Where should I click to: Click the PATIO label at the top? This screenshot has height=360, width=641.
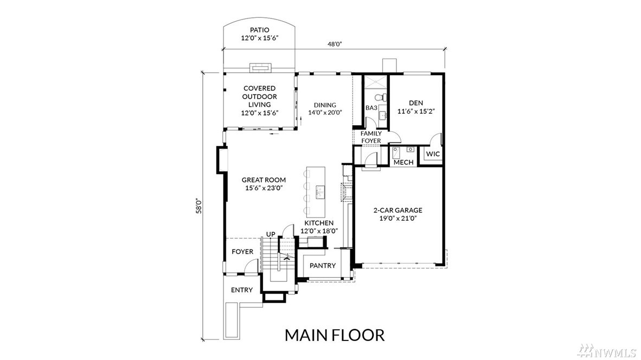[x=260, y=30]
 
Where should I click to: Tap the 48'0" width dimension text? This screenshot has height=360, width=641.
[x=335, y=44]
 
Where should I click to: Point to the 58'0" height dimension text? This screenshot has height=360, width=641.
[x=199, y=206]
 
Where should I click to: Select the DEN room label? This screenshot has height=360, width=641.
[x=416, y=103]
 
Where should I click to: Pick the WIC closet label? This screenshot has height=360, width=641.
[x=433, y=154]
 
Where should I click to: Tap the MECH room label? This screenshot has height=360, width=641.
[x=403, y=162]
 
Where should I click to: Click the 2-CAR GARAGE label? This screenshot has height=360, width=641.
[x=398, y=210]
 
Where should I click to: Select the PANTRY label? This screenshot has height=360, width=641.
[x=323, y=266]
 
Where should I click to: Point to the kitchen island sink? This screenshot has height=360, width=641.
[x=319, y=190]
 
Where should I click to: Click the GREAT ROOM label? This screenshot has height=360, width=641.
[x=264, y=180]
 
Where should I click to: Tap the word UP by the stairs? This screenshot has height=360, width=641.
[x=271, y=234]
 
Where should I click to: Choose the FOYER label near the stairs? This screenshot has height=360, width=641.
[x=242, y=252]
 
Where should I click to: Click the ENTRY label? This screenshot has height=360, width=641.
[x=242, y=290]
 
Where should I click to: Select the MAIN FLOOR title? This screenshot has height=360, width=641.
[x=335, y=335]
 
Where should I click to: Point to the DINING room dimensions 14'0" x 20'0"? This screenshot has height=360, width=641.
[x=325, y=113]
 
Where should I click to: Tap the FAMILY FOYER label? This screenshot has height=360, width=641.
[x=371, y=137]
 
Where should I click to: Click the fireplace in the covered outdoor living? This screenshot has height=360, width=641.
[x=260, y=68]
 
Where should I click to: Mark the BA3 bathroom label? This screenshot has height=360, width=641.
[x=371, y=108]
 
